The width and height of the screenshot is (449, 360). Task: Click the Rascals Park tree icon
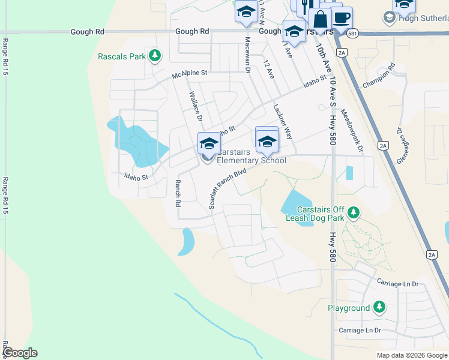pos(155,56)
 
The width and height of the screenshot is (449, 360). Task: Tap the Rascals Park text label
pos(122,57)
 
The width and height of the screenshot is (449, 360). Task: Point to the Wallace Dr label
pos(196,106)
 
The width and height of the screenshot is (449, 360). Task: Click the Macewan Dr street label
pos(247,55)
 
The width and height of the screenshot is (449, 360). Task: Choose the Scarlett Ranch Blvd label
pos(228,188)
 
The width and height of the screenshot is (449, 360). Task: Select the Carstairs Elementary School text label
pos(251,156)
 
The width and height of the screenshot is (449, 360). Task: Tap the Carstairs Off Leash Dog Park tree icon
pos(354,212)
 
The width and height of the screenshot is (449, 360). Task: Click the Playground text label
pos(349,308)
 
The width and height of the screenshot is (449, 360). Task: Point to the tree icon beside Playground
pos(379,308)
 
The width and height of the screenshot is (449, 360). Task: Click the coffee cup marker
pos(342,17)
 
